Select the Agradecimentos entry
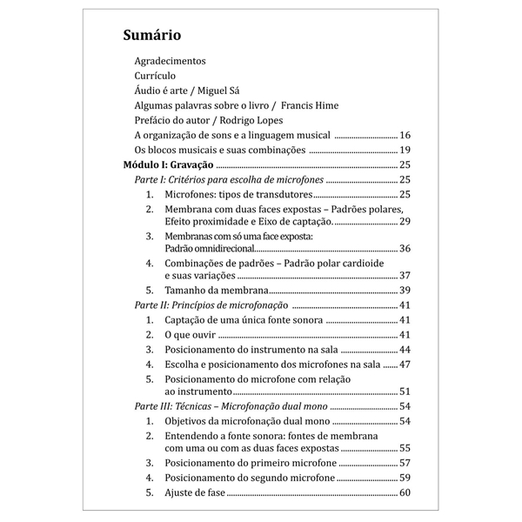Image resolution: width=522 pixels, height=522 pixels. coord(171,62)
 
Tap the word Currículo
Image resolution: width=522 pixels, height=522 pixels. coord(155,77)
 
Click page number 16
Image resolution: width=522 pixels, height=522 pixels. coord(405,136)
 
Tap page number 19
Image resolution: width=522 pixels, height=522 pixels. coord(405,151)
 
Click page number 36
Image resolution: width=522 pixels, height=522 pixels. coord(405,249)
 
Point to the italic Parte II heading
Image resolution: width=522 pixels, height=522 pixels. coord(212,304)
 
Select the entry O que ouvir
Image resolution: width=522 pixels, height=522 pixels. coord(189,335)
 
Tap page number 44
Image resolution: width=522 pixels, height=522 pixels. coord(405,350)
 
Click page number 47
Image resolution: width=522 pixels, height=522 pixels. coord(405,365)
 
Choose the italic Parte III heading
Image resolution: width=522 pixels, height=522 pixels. coord(231,407)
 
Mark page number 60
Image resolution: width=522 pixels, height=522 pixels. coord(405,493)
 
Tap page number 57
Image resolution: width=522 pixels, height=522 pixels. coord(405,463)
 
